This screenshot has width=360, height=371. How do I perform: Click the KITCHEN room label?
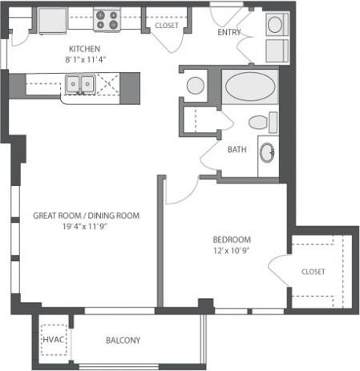[x=84, y=49]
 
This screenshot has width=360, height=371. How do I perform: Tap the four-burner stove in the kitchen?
[x=107, y=19]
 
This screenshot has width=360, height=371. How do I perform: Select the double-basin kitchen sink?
[x=80, y=84]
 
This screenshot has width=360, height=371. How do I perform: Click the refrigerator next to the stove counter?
[x=52, y=21]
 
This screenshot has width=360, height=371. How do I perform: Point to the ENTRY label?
[x=229, y=32]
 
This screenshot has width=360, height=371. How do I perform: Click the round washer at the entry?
[x=275, y=24]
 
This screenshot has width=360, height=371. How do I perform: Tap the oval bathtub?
[x=250, y=87]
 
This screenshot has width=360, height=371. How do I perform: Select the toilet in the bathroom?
[x=263, y=123]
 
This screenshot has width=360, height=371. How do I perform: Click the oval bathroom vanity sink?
[x=267, y=152]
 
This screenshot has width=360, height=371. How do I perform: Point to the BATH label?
[x=237, y=149]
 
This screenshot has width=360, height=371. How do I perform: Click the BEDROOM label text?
[x=232, y=240]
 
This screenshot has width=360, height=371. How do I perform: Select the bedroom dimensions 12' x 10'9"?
[x=231, y=251]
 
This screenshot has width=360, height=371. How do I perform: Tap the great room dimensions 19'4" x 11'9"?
[x=84, y=227]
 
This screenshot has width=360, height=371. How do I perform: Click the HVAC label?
[x=54, y=340]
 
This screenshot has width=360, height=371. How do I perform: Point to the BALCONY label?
[x=123, y=341]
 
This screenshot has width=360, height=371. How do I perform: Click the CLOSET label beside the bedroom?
[x=313, y=272]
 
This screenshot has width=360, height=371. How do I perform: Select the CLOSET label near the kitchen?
[x=167, y=26]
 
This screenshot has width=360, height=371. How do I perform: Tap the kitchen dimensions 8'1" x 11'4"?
[x=86, y=59]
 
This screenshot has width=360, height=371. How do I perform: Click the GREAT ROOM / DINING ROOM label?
[x=86, y=216]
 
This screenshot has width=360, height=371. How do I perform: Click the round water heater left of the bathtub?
[x=196, y=86]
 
